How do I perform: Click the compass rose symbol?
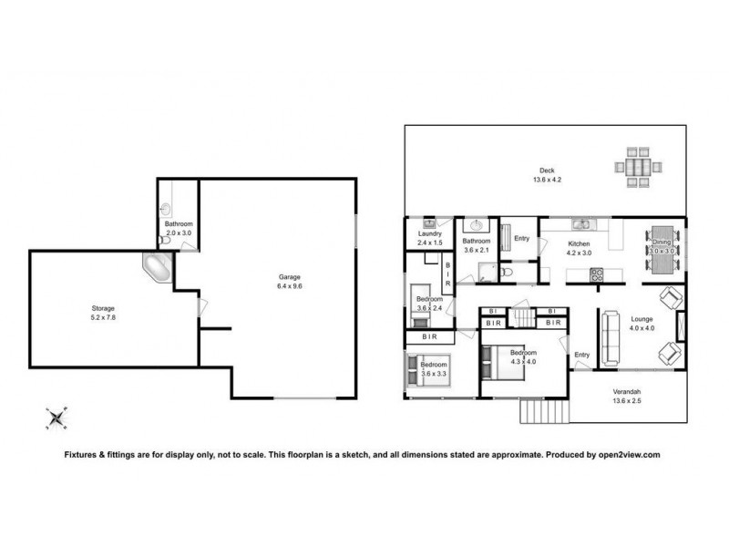pos(56,418)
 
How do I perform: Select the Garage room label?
pos(290,276)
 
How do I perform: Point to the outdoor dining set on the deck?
pos(632,168)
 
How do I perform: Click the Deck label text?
pos(547,170)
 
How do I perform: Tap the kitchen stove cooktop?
pos(599,273)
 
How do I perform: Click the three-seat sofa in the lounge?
pos(608,336)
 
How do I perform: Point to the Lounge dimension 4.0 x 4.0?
pos(642,327)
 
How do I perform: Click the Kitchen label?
pos(580,243)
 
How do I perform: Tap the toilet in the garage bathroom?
pos(165,241)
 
